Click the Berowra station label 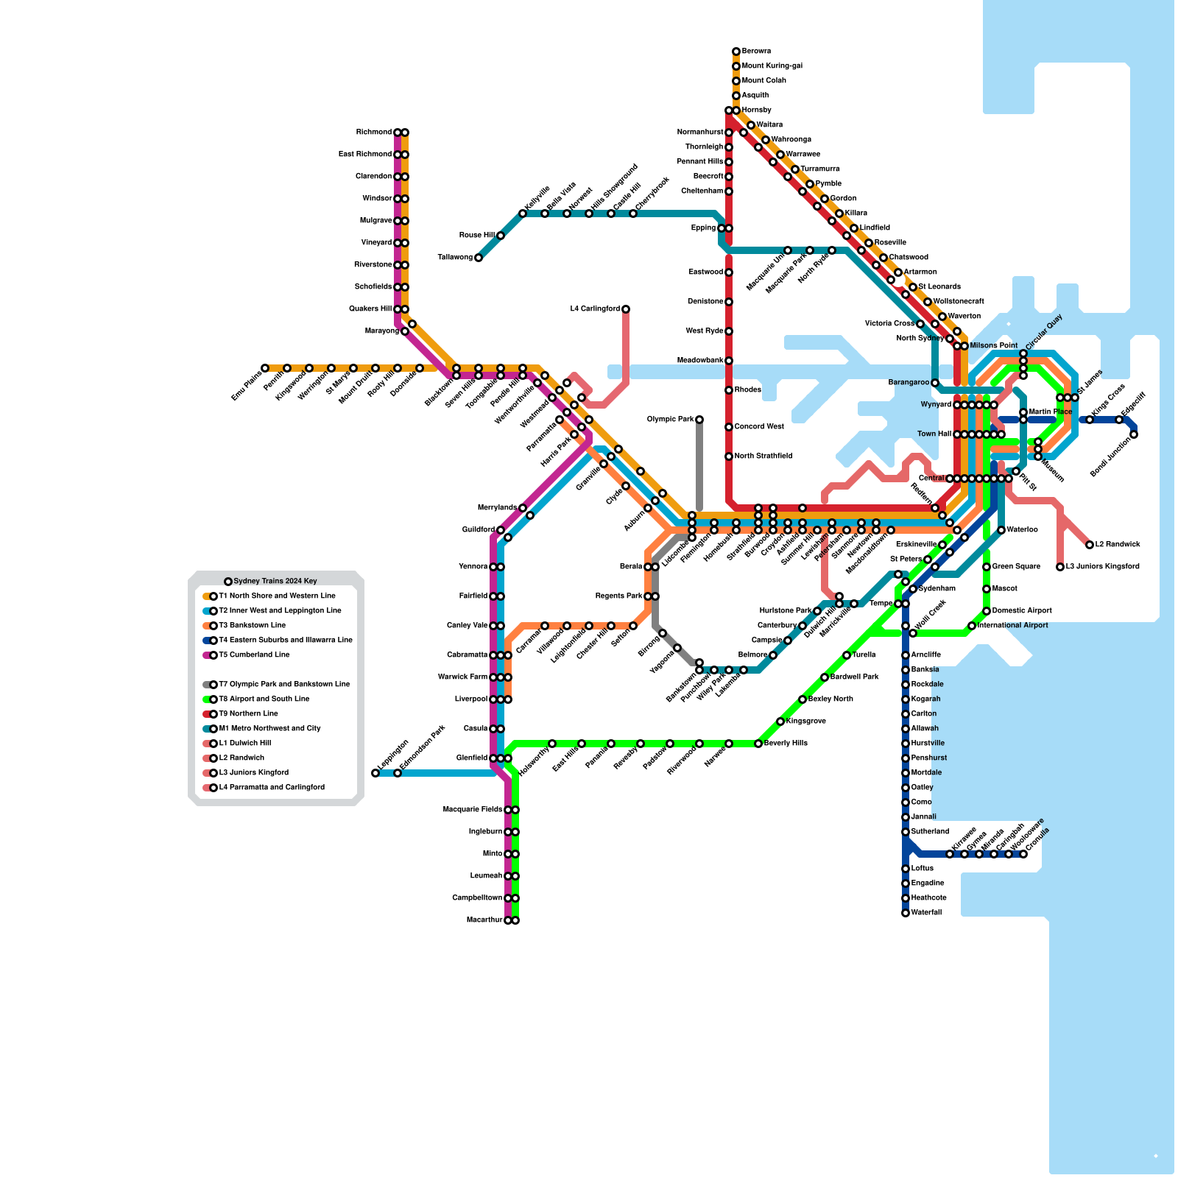point(756,52)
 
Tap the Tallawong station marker point(479,258)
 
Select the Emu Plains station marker point(265,368)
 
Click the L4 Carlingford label point(595,309)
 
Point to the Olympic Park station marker point(699,420)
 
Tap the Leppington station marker point(375,773)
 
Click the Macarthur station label point(484,920)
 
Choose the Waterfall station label point(926,913)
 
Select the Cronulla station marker point(1023,854)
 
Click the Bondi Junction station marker point(1134,434)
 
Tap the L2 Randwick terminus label point(1118,545)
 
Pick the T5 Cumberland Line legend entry point(254,655)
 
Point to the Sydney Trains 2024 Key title point(275,582)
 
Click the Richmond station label point(373,133)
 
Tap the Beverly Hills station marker point(758,744)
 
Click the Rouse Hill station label point(476,236)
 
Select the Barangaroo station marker point(935,383)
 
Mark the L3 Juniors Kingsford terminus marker point(1060,567)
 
